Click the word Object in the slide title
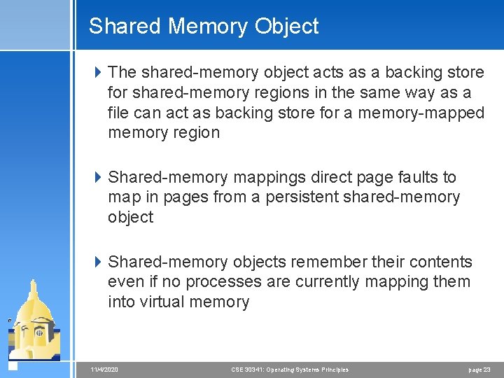[x=287, y=27]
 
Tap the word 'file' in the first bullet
[x=117, y=113]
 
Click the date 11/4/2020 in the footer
[x=104, y=369]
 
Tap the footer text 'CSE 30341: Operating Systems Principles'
[x=290, y=369]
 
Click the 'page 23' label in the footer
[x=479, y=369]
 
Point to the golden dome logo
[x=35, y=318]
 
